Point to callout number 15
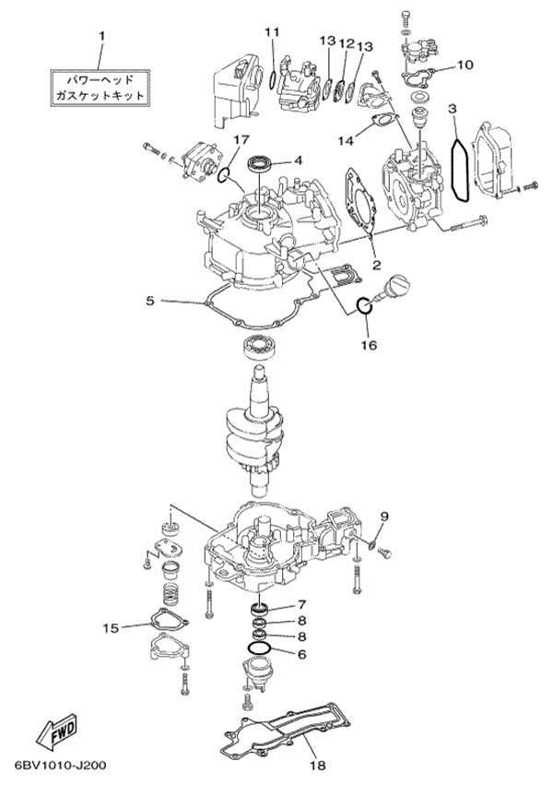tap(111, 628)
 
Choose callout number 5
tap(150, 301)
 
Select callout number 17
tap(240, 140)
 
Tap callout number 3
tap(453, 109)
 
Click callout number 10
tap(464, 65)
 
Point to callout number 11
tap(271, 33)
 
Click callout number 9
tap(384, 516)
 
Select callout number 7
tap(300, 605)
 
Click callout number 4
tap(298, 160)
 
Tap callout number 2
tap(376, 264)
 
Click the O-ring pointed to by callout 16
tap(363, 304)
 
